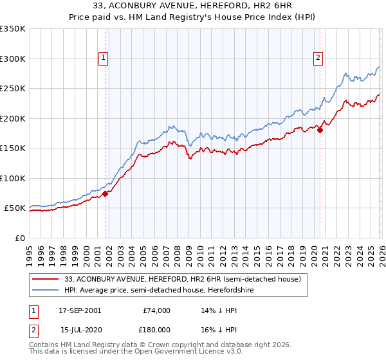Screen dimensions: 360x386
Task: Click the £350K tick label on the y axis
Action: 13,29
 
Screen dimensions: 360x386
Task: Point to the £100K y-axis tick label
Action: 13,178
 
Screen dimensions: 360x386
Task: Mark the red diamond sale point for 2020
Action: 320,130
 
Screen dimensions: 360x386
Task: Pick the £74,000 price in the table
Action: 156,310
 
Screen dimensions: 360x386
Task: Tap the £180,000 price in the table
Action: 156,329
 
